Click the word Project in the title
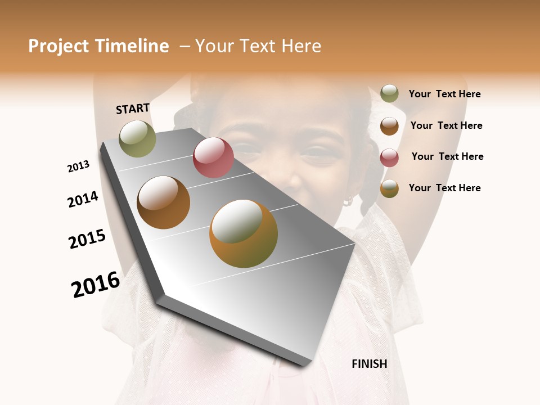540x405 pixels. tap(59, 46)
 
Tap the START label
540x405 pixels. tap(133, 109)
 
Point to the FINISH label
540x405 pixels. tap(370, 364)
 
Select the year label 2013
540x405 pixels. tap(79, 166)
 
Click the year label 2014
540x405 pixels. tap(83, 199)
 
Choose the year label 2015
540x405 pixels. tap(87, 239)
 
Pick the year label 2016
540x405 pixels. tap(96, 284)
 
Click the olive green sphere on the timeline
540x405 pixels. tap(137, 138)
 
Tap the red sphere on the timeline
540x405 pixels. tap(213, 157)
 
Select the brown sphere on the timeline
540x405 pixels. tap(163, 202)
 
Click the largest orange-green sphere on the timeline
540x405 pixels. tap(244, 233)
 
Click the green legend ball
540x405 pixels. tap(389, 94)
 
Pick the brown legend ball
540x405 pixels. tap(389, 125)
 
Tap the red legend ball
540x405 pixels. tap(389, 157)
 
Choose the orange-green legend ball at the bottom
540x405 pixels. tap(389, 188)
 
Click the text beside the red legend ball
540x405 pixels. tap(447, 156)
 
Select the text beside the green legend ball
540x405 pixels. tap(444, 94)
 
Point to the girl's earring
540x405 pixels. tap(348, 200)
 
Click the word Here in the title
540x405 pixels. tap(301, 46)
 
